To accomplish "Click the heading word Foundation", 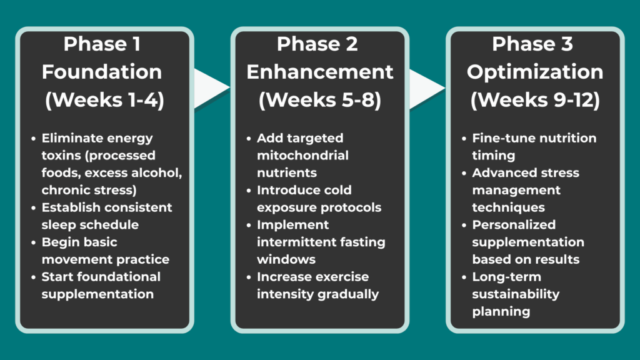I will coord(102,72).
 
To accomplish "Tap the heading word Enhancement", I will coord(320,72).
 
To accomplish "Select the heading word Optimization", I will coord(535,72).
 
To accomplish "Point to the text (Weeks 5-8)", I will coord(320,101).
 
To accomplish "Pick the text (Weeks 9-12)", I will coord(535,101).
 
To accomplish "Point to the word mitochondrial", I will coord(302,155).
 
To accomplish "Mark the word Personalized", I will coord(514,224).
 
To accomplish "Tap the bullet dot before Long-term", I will coord(463,277).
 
